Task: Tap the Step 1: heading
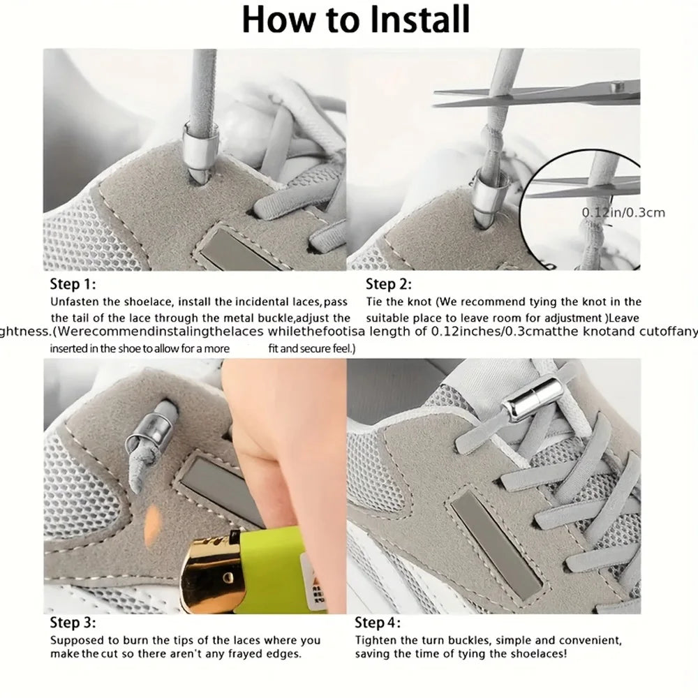click(x=73, y=284)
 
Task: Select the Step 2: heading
click(x=389, y=284)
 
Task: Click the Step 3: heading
click(x=73, y=623)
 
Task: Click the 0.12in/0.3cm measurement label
click(x=623, y=212)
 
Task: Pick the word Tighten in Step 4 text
click(x=378, y=640)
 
